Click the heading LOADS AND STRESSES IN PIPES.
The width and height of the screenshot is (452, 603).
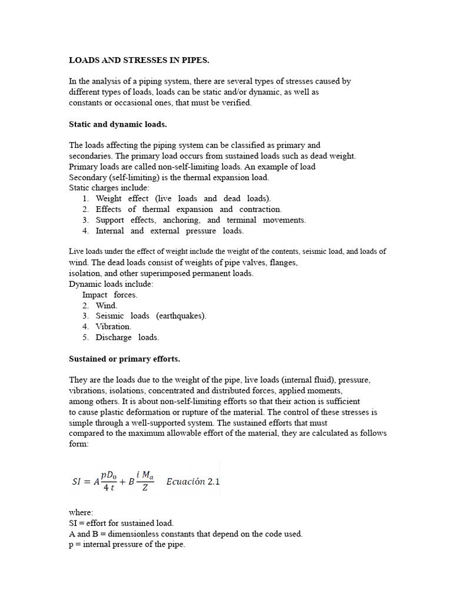[x=139, y=61]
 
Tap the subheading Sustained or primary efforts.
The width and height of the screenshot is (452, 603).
[x=125, y=358]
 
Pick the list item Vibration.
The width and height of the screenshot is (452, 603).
[x=114, y=326]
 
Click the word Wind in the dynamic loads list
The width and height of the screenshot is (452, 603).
[x=107, y=306]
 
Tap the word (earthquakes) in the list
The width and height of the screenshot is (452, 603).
[x=181, y=316]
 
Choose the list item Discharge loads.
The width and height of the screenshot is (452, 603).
[x=127, y=337]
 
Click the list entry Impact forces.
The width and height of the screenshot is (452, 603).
[x=109, y=294]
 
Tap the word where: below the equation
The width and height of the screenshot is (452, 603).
[x=81, y=513]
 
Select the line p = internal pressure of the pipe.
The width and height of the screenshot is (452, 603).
[x=127, y=545]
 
